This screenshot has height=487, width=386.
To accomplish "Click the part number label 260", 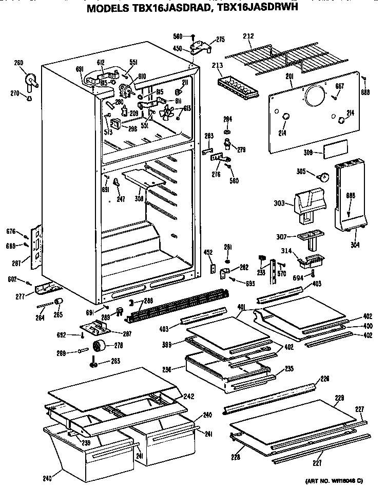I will tap(18, 63).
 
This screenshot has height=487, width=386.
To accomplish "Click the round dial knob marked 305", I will tap(323, 177).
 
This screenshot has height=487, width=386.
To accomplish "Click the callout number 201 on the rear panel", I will tap(289, 76).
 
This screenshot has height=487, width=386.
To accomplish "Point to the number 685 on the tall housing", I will tap(350, 195).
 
